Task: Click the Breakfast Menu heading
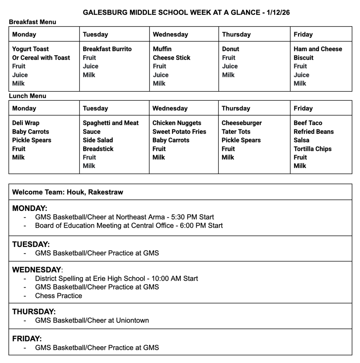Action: coord(32,22)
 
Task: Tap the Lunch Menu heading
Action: coord(27,96)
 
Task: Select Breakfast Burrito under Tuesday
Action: coord(107,49)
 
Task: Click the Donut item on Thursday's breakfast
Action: coord(231,49)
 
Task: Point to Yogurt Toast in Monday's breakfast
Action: coord(31,49)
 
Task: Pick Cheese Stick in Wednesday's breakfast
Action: coord(172,57)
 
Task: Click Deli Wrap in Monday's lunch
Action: coord(26,123)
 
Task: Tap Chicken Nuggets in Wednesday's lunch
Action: coord(177,123)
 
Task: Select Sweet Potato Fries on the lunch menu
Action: coord(179,132)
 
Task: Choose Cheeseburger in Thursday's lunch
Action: coord(242,123)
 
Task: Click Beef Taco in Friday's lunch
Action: coord(308,123)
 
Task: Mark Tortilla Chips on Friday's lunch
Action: coord(312,149)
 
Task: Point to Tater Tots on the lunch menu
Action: coord(236,132)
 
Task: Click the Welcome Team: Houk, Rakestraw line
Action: coord(68,192)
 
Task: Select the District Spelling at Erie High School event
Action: coord(116,278)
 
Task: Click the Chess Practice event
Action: coord(59,296)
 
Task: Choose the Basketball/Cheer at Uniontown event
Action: coord(92,320)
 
